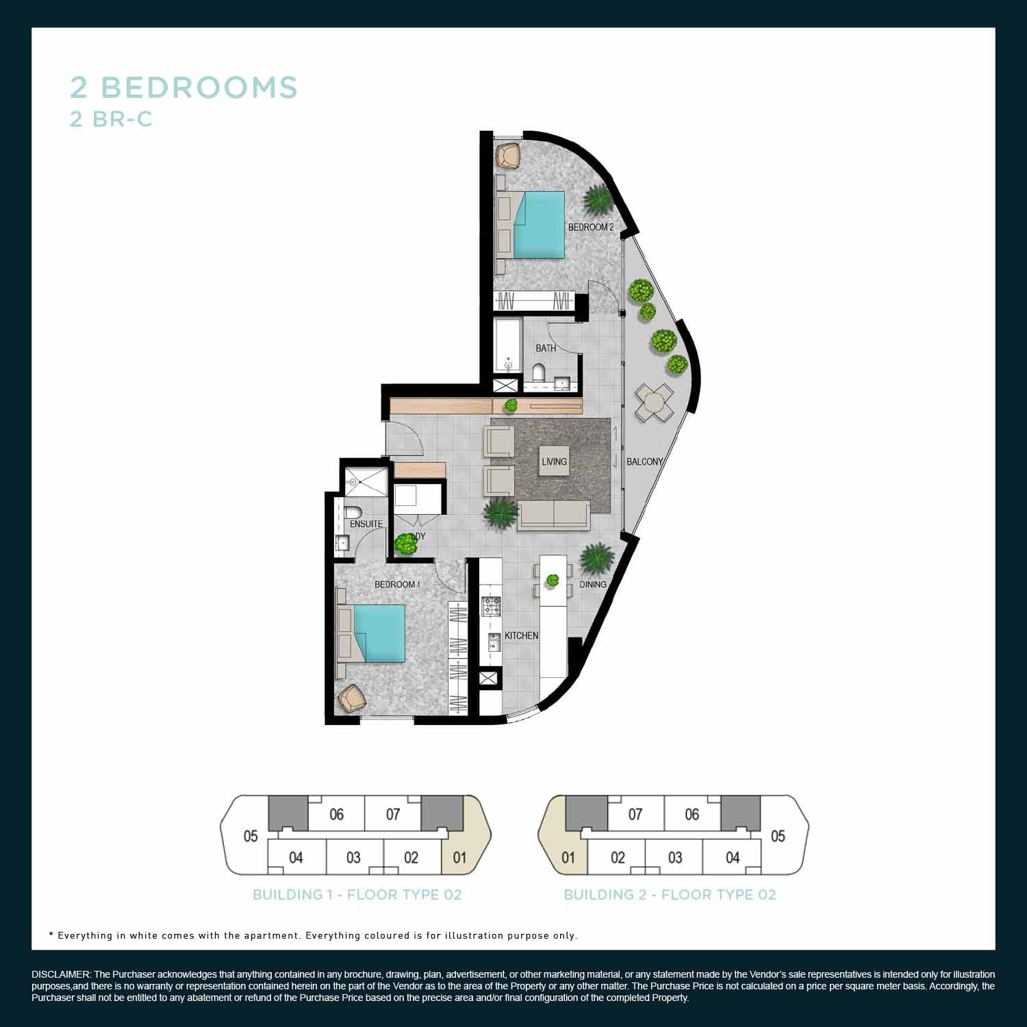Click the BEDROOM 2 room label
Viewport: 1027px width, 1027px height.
pos(591,227)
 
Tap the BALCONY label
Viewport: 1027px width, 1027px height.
pos(645,461)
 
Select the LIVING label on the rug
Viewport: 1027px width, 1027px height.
pos(554,461)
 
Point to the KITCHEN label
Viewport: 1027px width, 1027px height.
pos(522,635)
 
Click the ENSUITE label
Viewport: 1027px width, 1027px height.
pos(366,524)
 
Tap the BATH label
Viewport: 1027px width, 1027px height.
pos(546,348)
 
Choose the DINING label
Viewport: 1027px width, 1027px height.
pos(593,584)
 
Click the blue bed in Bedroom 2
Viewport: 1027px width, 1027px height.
pos(539,225)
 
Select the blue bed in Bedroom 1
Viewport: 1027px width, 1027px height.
pos(379,633)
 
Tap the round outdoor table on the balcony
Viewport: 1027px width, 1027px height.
pos(654,402)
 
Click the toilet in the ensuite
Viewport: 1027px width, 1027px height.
pos(353,513)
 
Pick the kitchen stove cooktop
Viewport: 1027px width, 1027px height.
pos(491,606)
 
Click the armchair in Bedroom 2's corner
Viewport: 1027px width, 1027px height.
pos(508,155)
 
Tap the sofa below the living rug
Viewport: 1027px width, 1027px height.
pos(553,515)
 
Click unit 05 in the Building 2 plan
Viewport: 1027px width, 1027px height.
pos(778,836)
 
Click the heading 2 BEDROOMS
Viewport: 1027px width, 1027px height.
pos(184,88)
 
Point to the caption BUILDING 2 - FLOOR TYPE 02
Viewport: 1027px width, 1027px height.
pos(670,895)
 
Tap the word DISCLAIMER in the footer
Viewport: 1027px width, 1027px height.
pos(61,974)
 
